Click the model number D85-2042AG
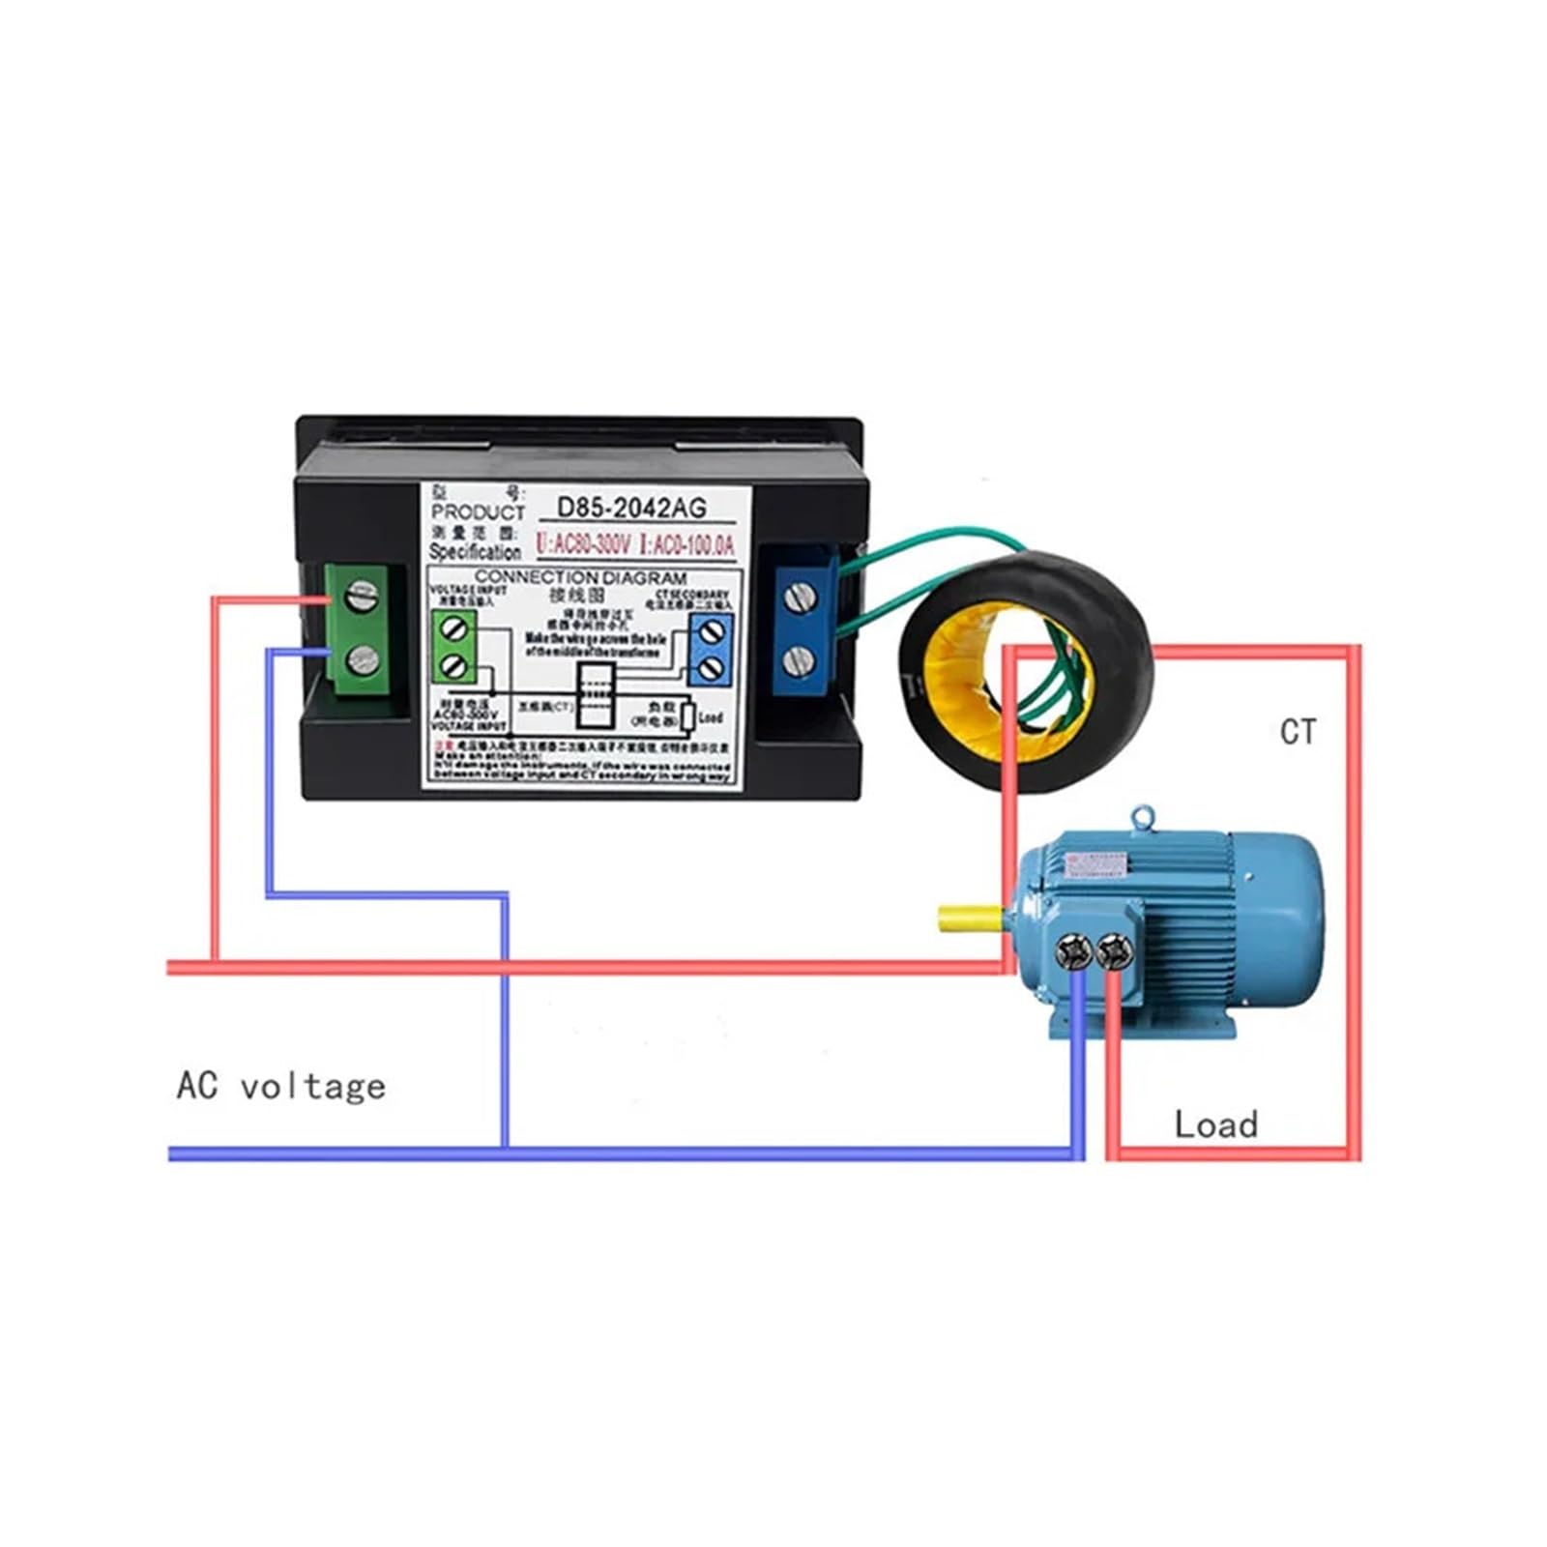point(631,507)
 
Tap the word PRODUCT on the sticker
point(478,511)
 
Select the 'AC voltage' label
point(280,1087)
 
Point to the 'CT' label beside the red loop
point(1298,732)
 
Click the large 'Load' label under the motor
point(1215,1124)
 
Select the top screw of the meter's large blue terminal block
point(796,598)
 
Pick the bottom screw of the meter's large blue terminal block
point(796,662)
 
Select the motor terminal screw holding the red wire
point(1113,951)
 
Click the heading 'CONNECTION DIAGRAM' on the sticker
point(580,577)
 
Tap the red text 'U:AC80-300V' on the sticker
point(583,545)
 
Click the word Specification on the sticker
point(474,552)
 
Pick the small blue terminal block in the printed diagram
point(713,649)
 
